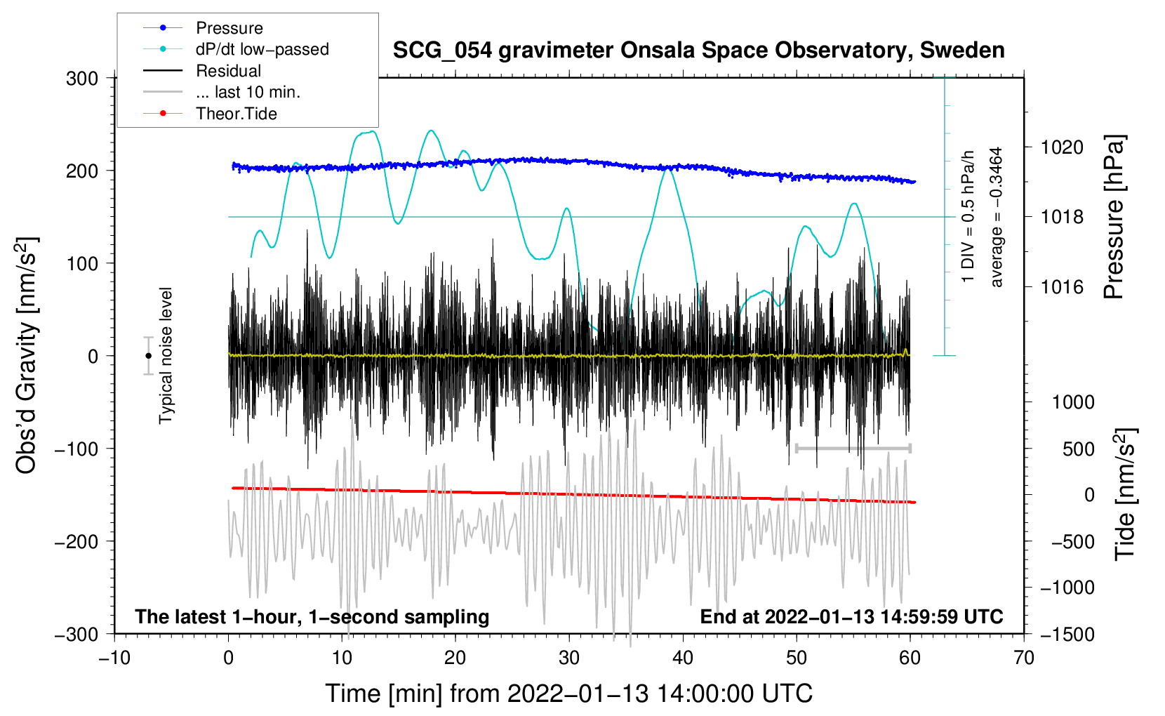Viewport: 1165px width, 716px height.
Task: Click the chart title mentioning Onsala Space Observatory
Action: [x=698, y=51]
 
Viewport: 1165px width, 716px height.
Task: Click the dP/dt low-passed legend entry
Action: [x=262, y=49]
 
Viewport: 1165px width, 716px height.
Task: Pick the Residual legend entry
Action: [x=228, y=71]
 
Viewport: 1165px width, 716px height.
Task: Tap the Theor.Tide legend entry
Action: [x=236, y=114]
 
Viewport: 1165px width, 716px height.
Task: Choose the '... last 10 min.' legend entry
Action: [x=248, y=92]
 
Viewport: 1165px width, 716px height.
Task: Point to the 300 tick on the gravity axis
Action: [x=82, y=79]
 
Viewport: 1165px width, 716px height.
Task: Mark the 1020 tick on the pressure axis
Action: [x=1062, y=147]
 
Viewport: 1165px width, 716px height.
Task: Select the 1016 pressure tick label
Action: [x=1062, y=287]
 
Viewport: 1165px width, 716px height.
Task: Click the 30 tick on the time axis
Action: [x=569, y=658]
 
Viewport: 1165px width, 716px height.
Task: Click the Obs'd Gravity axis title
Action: [x=27, y=356]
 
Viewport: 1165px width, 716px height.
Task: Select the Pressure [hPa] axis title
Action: [x=1114, y=217]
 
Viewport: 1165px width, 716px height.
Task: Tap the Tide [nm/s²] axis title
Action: [x=1125, y=494]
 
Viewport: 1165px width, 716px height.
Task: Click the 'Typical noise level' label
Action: [x=166, y=356]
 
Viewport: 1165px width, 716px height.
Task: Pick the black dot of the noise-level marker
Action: [x=148, y=356]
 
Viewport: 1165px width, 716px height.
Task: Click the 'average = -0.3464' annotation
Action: [x=997, y=217]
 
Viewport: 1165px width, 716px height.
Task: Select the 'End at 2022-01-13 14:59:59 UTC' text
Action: [x=851, y=617]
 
